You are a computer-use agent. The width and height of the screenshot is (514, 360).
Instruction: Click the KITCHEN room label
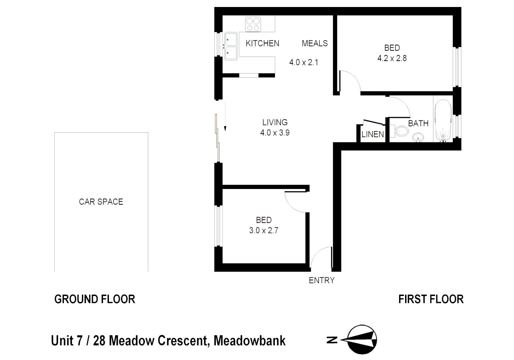(x=262, y=43)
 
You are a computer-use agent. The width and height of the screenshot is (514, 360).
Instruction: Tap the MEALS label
(x=314, y=43)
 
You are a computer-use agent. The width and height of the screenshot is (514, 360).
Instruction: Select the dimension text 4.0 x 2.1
(x=303, y=62)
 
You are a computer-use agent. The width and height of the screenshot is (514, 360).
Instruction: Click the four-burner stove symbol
(x=253, y=25)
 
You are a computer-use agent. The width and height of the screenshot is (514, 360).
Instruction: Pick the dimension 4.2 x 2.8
(x=392, y=58)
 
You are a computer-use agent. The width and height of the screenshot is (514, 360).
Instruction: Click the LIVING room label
(x=275, y=122)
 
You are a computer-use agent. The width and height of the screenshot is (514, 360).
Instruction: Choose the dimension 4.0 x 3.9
(x=275, y=133)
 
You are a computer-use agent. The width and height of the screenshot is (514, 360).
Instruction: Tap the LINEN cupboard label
(x=373, y=134)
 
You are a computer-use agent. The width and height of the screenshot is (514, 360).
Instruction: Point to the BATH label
(x=418, y=124)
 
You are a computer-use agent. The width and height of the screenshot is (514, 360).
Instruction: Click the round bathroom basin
(x=418, y=137)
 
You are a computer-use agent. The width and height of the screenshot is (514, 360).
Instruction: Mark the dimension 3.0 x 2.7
(x=263, y=230)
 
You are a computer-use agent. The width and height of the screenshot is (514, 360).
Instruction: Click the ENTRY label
(x=321, y=280)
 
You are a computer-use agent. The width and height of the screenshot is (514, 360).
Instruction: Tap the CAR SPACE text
(x=101, y=202)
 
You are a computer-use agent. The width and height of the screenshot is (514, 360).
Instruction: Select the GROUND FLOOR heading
(x=95, y=299)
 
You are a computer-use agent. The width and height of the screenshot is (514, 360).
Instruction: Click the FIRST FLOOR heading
(x=431, y=299)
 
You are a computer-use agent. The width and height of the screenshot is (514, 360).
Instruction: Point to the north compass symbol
(x=361, y=340)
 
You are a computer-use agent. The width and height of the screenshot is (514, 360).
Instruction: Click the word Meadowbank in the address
(x=250, y=341)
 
